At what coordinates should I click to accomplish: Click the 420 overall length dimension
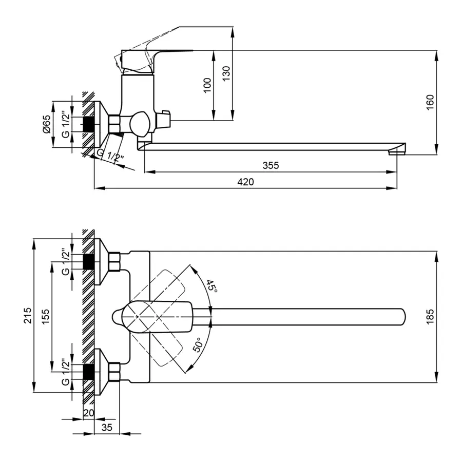(x=245, y=182)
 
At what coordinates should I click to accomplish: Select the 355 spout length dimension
(x=271, y=165)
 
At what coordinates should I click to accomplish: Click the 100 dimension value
(x=207, y=85)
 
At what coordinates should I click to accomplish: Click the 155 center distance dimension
(x=46, y=315)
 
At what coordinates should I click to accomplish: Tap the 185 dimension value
(x=430, y=316)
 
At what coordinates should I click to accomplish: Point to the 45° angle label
(x=211, y=285)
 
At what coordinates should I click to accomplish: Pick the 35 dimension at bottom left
(x=107, y=427)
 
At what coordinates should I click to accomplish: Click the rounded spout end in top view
(x=400, y=316)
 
